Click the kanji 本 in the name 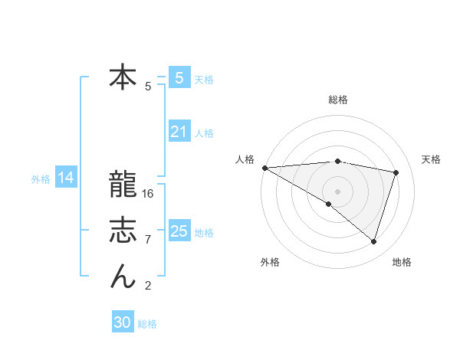pos(123,78)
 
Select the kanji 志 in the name pos(123,231)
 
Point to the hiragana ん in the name pos(123,277)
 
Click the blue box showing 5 pos(179,78)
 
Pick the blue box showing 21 pos(179,132)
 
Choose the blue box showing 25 pos(179,231)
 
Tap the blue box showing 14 pos(66,178)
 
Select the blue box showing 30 pos(123,322)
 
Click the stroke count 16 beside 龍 pos(148,194)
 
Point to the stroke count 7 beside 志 pos(147,240)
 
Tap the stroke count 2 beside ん pos(147,286)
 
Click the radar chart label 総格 pos(338,100)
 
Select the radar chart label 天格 pos(431,159)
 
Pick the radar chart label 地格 pos(402,262)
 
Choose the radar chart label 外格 pos(270,262)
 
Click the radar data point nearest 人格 pos(264,167)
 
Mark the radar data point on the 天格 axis pos(396,172)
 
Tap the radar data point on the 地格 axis pos(373,241)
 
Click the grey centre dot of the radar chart pos(337,191)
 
